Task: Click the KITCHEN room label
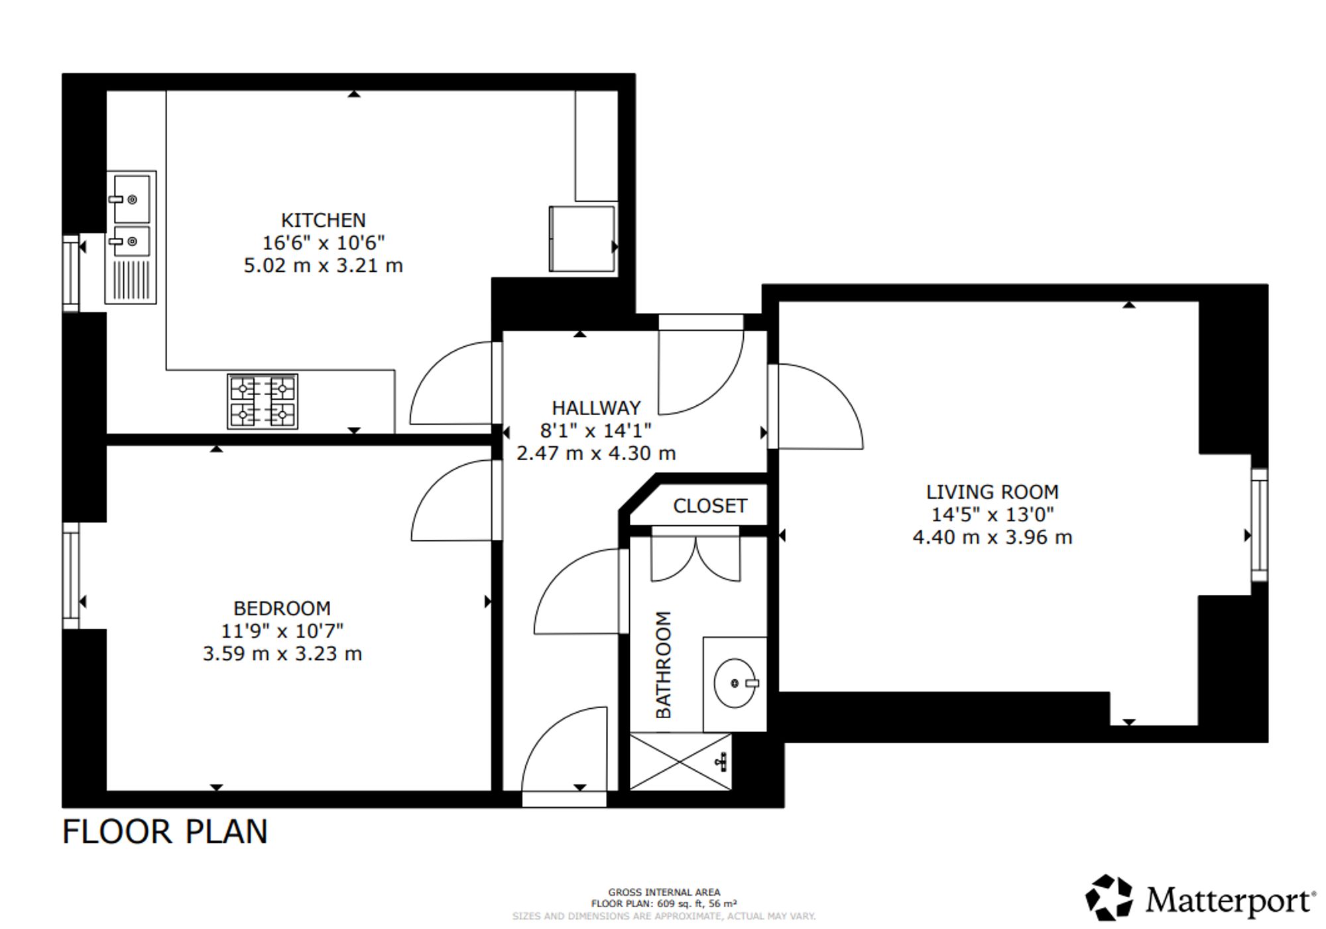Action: pyautogui.click(x=323, y=220)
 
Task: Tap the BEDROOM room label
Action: pyautogui.click(x=282, y=608)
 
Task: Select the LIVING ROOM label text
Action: pyautogui.click(x=993, y=492)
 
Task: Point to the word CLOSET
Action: pyautogui.click(x=710, y=506)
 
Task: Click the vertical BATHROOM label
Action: pyautogui.click(x=664, y=664)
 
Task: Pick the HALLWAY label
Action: pyautogui.click(x=596, y=408)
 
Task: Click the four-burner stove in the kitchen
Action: pyautogui.click(x=263, y=401)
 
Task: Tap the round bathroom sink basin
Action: pyautogui.click(x=735, y=683)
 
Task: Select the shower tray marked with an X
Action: pyautogui.click(x=680, y=761)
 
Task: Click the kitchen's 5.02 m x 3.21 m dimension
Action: pyautogui.click(x=323, y=265)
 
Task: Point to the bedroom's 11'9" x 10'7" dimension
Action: pyautogui.click(x=282, y=631)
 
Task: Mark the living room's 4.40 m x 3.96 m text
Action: pyautogui.click(x=993, y=537)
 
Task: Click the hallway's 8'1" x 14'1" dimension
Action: pyautogui.click(x=596, y=430)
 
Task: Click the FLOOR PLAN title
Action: pyautogui.click(x=164, y=832)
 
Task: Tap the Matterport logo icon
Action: pyautogui.click(x=1109, y=898)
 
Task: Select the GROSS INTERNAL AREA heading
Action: pyautogui.click(x=664, y=893)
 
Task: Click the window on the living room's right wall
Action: pyautogui.click(x=1259, y=525)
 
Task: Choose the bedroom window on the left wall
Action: pyautogui.click(x=71, y=576)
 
